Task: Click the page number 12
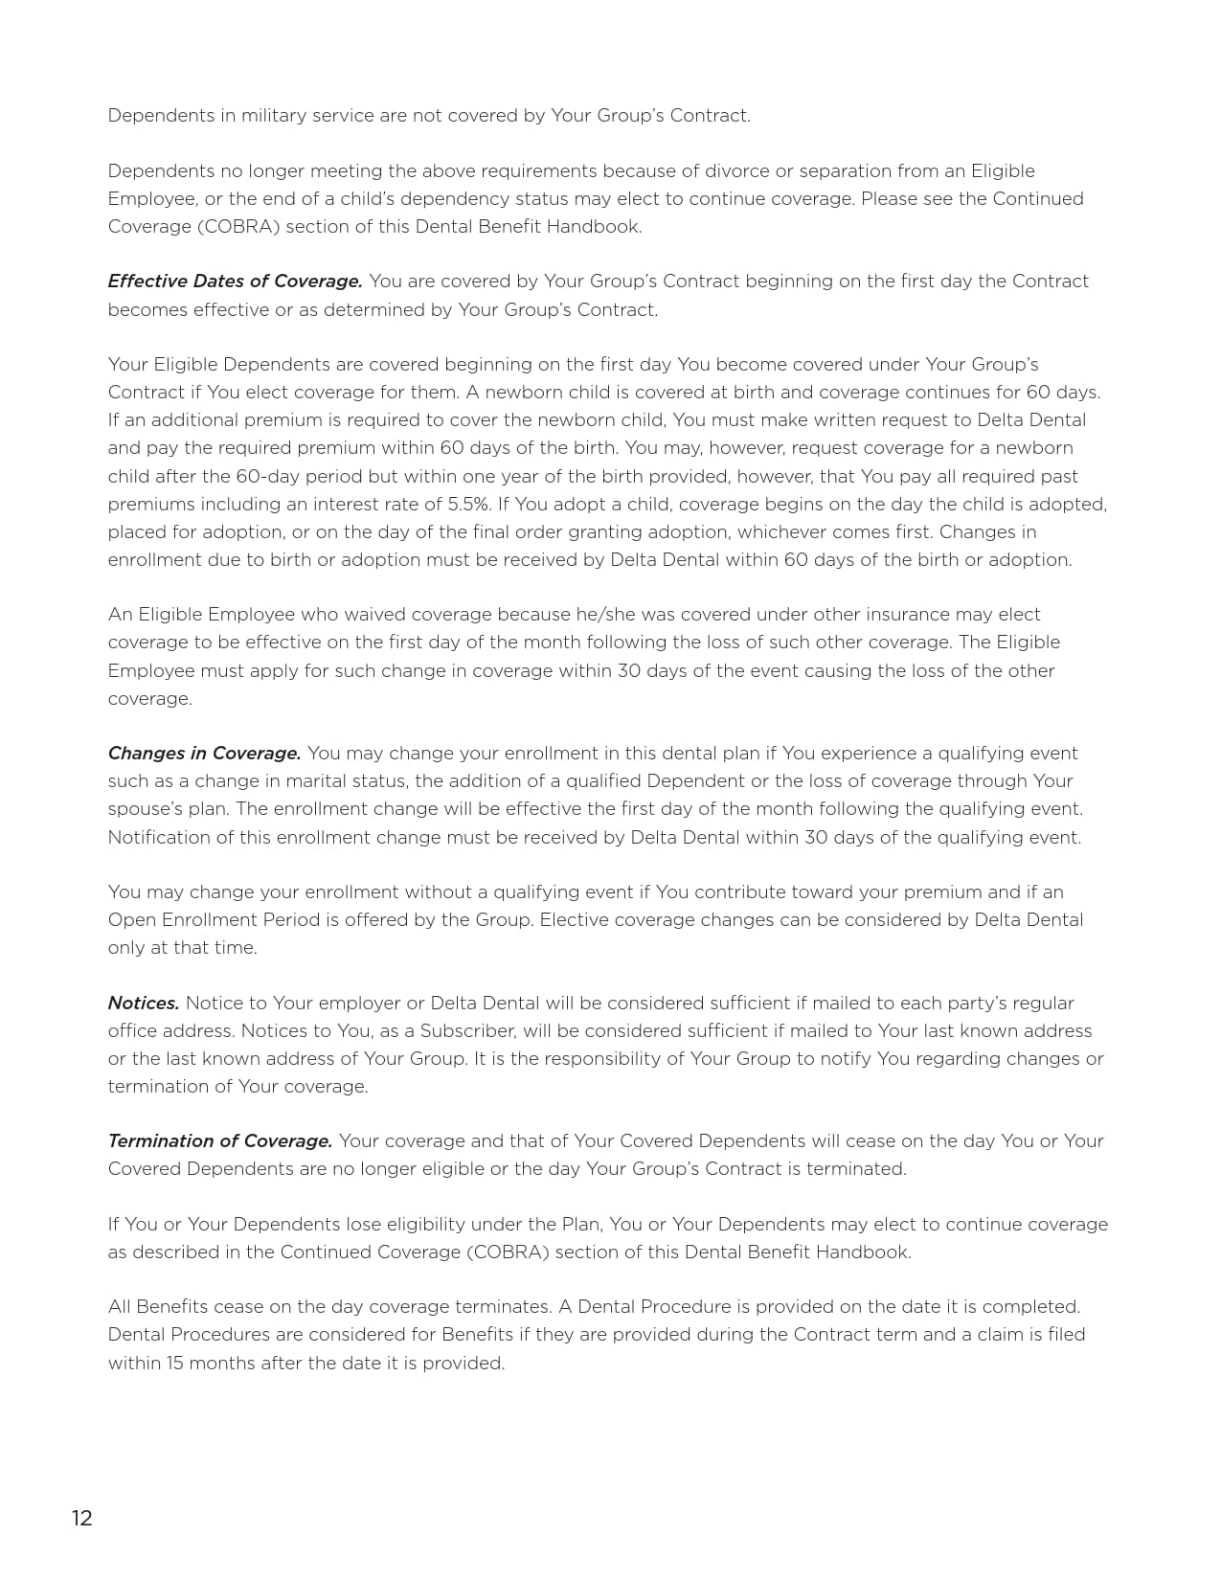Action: click(x=81, y=1518)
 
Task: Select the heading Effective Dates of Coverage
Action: click(x=235, y=282)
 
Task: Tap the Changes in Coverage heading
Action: click(x=204, y=754)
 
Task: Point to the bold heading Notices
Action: click(x=144, y=1004)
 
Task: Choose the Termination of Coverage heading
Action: click(x=220, y=1141)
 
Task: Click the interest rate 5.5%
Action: click(x=470, y=504)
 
